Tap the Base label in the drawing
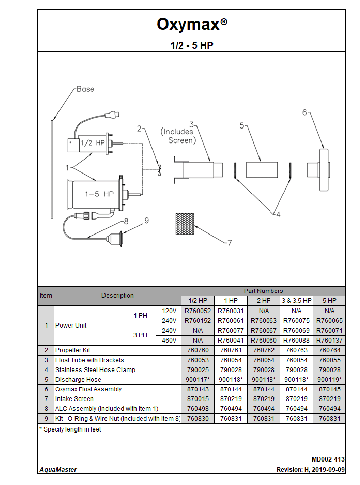[x=85, y=89]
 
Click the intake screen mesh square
[x=184, y=224]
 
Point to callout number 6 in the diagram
[x=305, y=112]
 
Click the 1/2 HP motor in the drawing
[x=88, y=143]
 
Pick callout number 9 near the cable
[x=147, y=220]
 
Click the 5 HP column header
[x=329, y=301]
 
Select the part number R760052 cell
[x=198, y=311]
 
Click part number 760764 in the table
[x=329, y=350]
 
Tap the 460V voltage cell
[x=169, y=340]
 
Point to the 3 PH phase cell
[x=140, y=335]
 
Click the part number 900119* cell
[x=329, y=380]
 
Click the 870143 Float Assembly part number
[x=198, y=389]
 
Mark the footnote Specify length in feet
[x=70, y=429]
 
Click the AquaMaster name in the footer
[x=58, y=470]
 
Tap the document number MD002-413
[x=328, y=460]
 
